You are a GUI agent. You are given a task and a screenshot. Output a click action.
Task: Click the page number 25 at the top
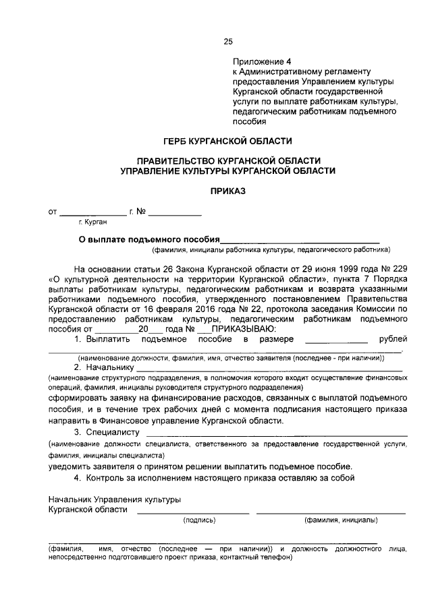[228, 42]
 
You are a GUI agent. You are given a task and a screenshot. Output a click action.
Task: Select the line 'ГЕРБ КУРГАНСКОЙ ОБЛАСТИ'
[227, 141]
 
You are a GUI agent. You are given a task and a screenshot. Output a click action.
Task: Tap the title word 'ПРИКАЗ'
[227, 191]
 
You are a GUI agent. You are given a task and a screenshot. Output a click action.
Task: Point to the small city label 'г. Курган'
[93, 221]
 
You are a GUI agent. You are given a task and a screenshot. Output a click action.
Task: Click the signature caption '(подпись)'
[199, 520]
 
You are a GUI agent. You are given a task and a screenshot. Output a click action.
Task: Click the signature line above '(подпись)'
[193, 512]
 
